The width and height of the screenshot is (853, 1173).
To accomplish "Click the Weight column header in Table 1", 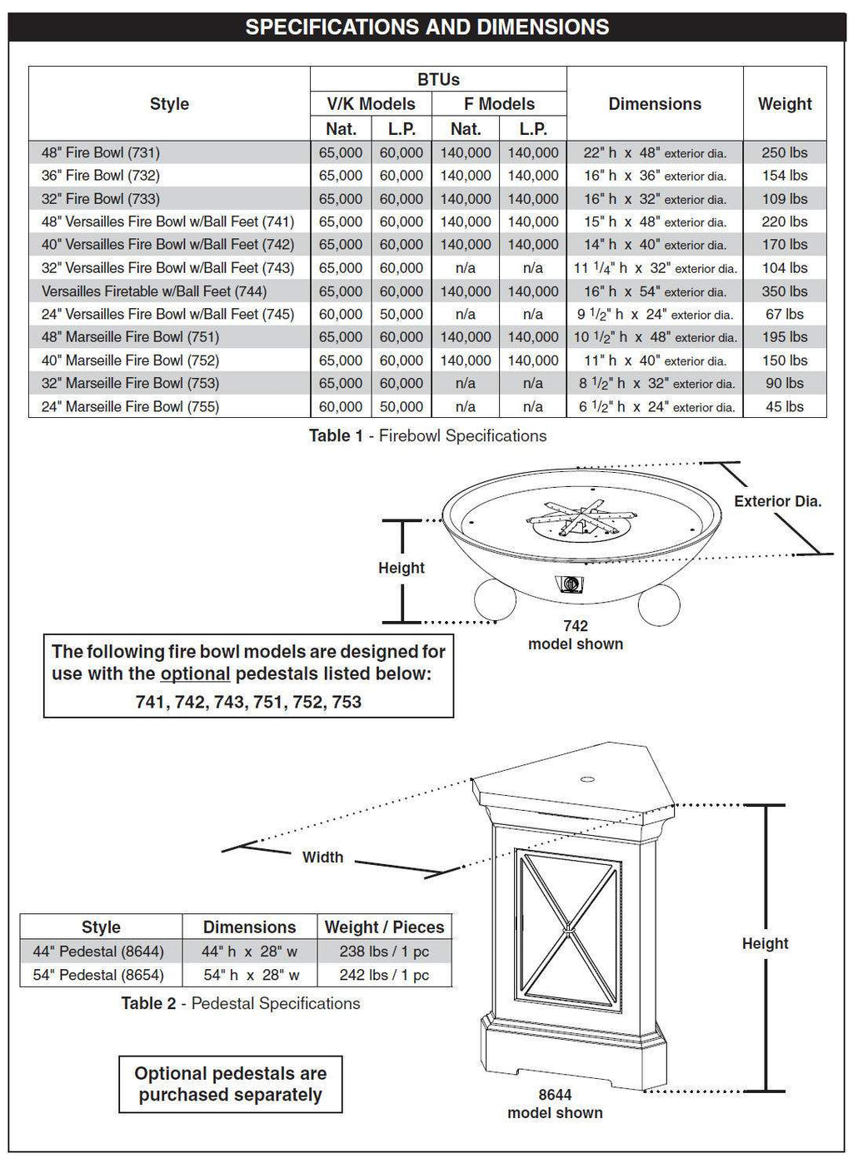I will [x=784, y=104].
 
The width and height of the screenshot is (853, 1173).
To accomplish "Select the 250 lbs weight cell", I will [x=784, y=152].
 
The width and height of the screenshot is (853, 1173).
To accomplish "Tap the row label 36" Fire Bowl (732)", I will [x=101, y=176].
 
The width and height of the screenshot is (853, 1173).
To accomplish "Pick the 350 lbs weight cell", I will [x=784, y=291].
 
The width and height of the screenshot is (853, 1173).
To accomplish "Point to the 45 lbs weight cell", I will [x=784, y=406].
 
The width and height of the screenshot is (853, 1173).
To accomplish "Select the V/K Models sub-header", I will [x=371, y=104].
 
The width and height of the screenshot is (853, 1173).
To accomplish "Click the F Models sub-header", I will [x=499, y=104].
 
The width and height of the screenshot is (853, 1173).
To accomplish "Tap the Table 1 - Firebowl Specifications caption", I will [x=427, y=435].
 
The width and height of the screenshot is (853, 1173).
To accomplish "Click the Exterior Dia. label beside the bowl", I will [x=777, y=501].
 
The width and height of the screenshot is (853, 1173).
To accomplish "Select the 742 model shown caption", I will [x=576, y=635].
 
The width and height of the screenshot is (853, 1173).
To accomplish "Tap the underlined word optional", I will [x=195, y=673].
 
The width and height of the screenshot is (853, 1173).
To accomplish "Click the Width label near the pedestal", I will [x=322, y=857].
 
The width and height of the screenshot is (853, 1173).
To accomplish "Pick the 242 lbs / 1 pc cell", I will [x=384, y=975].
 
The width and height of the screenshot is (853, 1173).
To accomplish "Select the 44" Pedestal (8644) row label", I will [x=98, y=952].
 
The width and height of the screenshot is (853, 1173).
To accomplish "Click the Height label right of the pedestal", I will [x=765, y=943].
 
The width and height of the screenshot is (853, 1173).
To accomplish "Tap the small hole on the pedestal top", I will [x=586, y=780].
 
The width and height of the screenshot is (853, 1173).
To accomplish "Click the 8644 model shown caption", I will [x=555, y=1104].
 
